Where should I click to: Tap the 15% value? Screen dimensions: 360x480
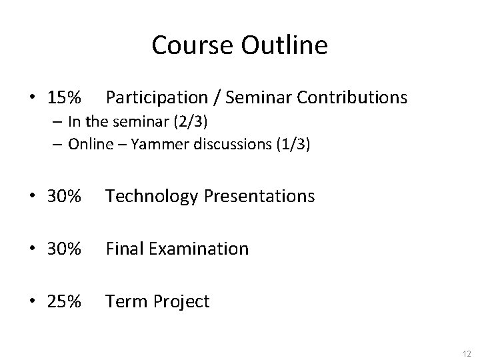point(65,98)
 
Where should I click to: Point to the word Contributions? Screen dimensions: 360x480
point(352,98)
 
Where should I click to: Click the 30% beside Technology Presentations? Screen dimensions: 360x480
point(65,196)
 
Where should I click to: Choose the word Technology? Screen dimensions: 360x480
point(150,196)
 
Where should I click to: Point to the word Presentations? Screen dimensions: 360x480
point(257,196)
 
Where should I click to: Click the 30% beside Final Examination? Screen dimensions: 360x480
point(65,249)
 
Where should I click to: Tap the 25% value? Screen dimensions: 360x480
point(65,301)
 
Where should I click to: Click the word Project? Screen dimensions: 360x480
point(183,301)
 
